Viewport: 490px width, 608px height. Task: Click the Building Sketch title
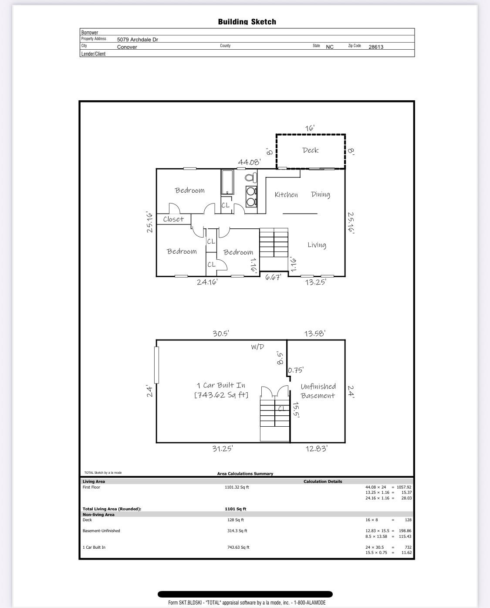pos(247,22)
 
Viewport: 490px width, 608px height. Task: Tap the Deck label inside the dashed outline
pos(311,150)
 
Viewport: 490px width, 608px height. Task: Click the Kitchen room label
pos(286,195)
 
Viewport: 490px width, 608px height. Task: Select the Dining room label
pos(321,194)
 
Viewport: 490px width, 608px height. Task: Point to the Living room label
pos(317,245)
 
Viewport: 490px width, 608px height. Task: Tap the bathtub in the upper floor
pos(227,182)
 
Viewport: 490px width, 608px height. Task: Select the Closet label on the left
pos(173,219)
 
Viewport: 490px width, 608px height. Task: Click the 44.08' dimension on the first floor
pos(249,162)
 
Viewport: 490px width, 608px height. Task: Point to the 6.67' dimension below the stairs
pos(273,277)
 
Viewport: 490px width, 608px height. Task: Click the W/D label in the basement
pos(257,347)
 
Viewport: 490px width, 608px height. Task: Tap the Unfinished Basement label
pos(318,391)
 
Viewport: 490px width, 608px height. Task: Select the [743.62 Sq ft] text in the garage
pos(221,395)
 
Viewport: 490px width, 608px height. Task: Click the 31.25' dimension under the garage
pos(222,448)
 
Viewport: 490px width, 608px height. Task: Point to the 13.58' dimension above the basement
pos(314,334)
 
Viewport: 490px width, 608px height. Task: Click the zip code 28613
pos(376,47)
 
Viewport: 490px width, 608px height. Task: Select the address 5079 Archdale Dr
pos(138,40)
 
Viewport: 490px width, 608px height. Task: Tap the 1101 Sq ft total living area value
pos(235,509)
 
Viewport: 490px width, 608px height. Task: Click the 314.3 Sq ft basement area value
pos(237,531)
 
